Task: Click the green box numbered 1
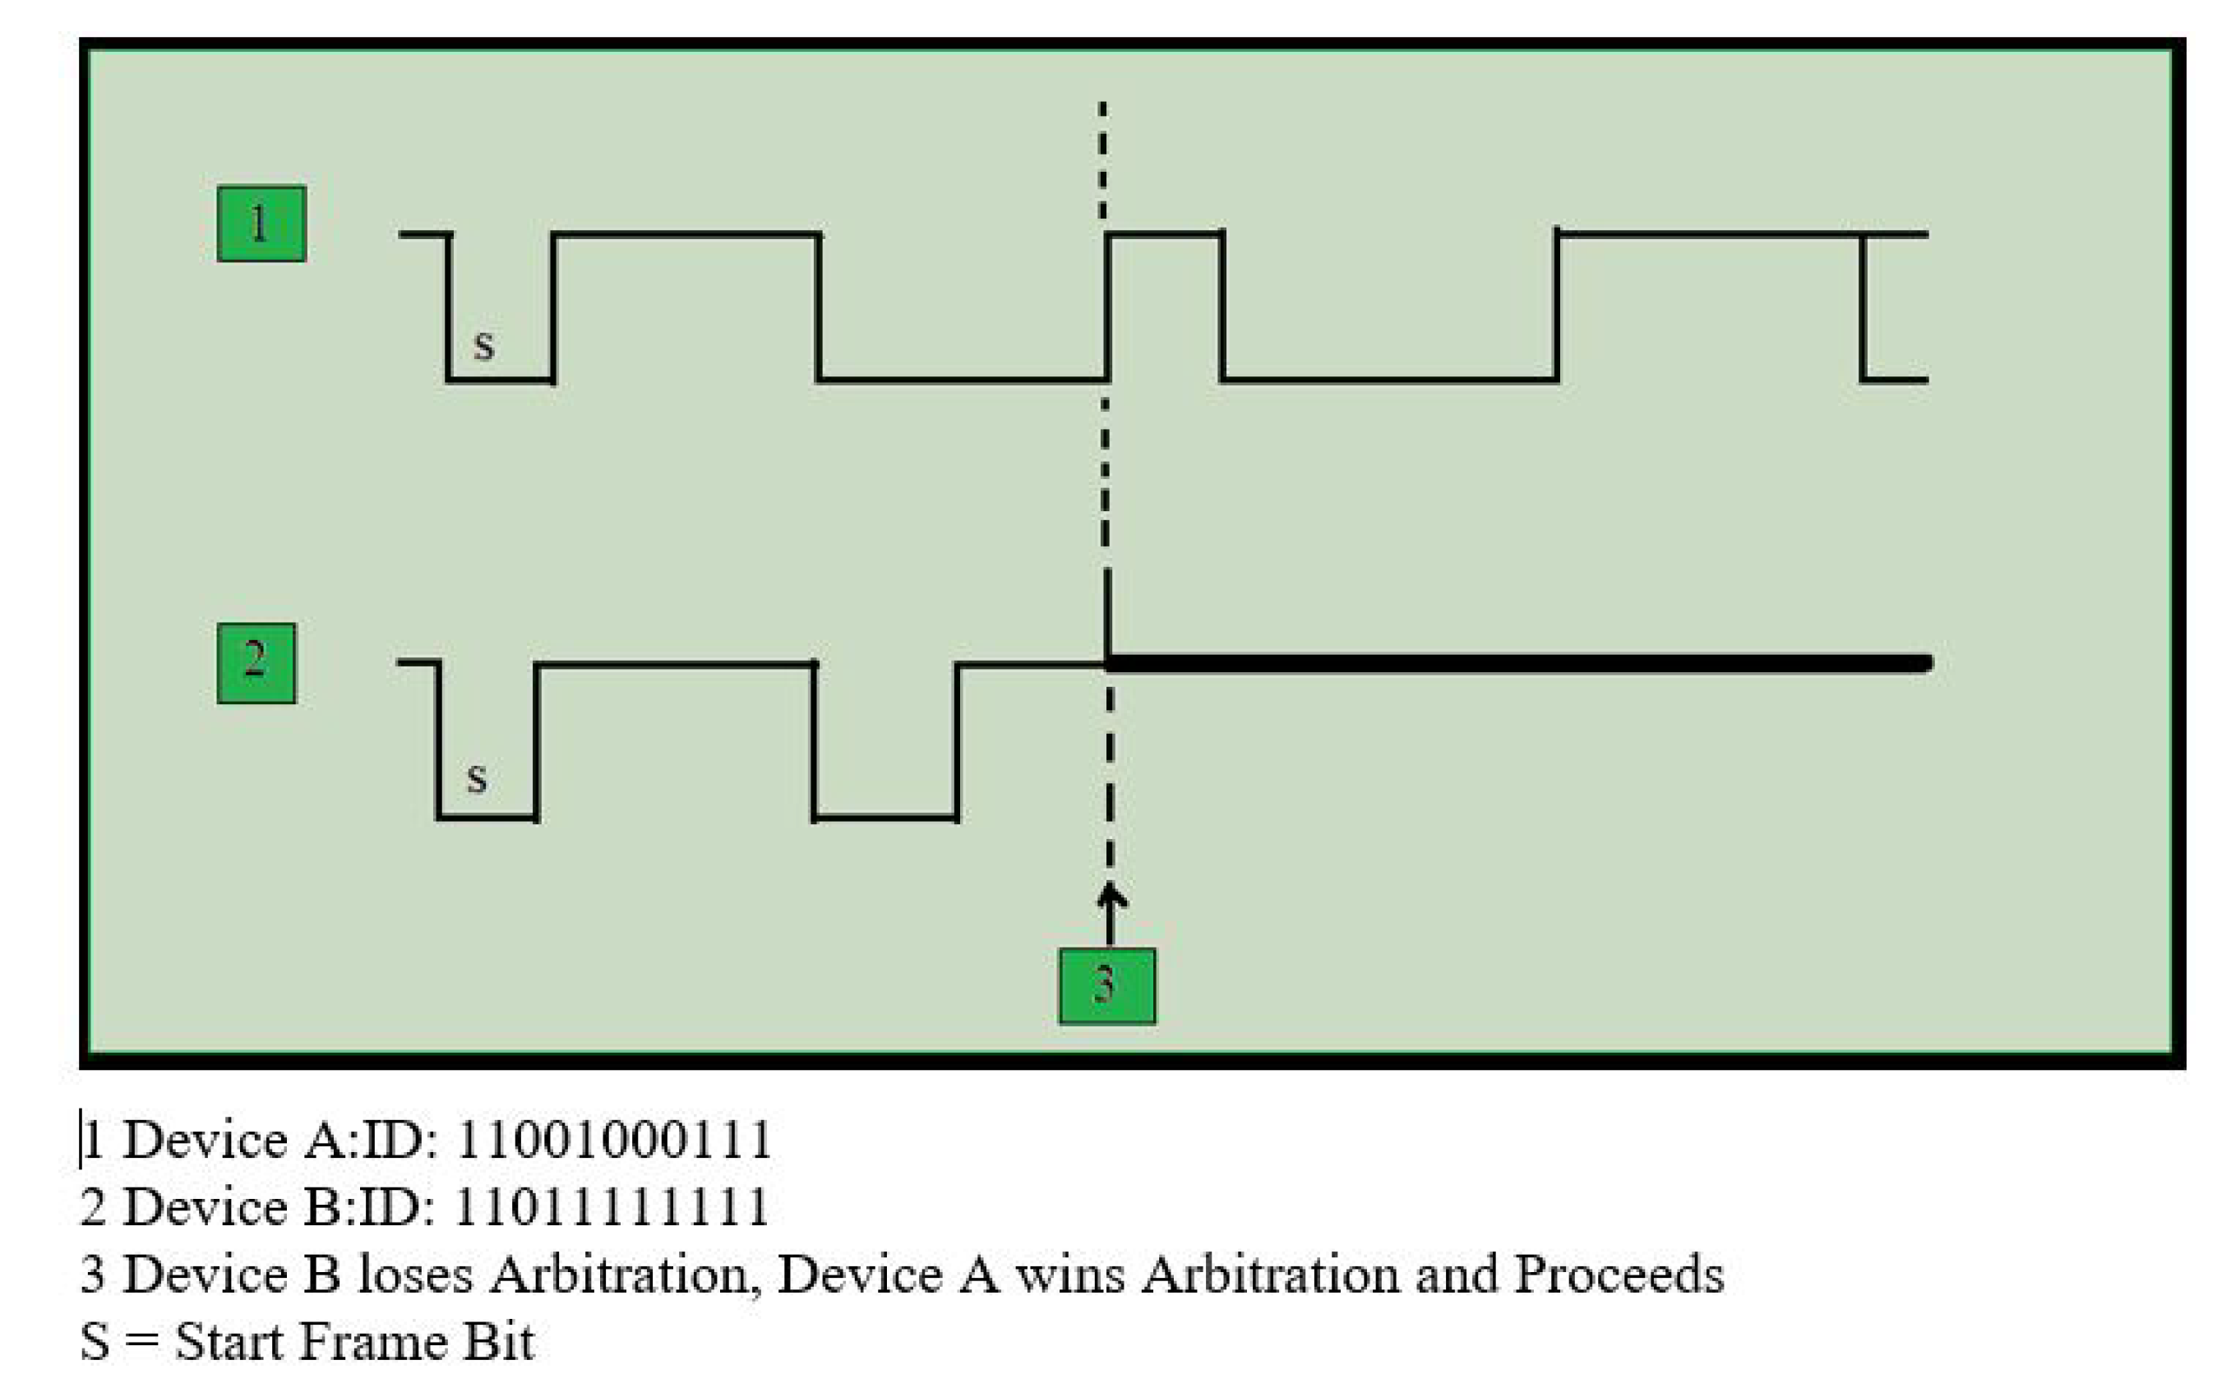point(261,224)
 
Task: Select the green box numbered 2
point(256,662)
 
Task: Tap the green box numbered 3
point(1106,985)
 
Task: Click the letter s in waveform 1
point(483,344)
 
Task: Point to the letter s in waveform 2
point(476,777)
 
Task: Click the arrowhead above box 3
point(1111,894)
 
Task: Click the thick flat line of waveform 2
point(1516,663)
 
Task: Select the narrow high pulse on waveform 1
point(1164,235)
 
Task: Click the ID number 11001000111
point(613,1139)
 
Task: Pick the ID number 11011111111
point(612,1206)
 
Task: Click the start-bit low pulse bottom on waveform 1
point(500,380)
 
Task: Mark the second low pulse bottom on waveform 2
point(885,818)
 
